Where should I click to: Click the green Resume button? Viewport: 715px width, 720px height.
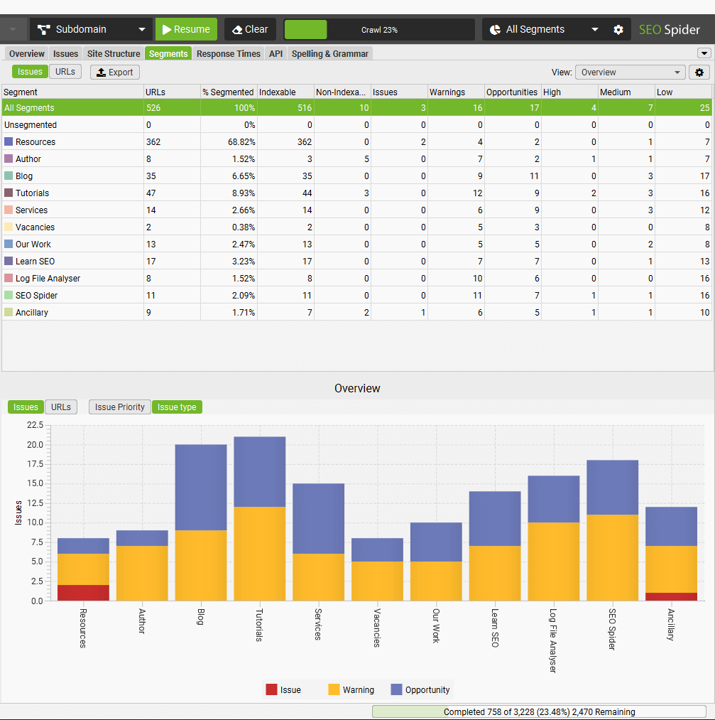(186, 29)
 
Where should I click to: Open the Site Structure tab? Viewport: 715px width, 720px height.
(114, 54)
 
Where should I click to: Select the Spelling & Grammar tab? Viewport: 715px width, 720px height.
(329, 54)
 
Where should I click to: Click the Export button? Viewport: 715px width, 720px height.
(115, 72)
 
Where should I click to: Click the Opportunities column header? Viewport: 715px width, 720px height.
(512, 92)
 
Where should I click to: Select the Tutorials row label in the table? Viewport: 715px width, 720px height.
(32, 193)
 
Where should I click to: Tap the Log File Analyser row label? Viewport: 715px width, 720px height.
(48, 279)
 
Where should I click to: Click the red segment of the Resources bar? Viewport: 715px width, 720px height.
(83, 593)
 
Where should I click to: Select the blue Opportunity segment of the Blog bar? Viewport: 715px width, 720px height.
(201, 487)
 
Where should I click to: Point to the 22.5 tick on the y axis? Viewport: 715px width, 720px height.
(35, 425)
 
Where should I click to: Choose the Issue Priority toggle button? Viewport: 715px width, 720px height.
(120, 407)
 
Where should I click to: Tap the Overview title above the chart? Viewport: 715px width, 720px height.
(357, 388)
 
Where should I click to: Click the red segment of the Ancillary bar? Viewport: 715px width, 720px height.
(671, 596)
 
